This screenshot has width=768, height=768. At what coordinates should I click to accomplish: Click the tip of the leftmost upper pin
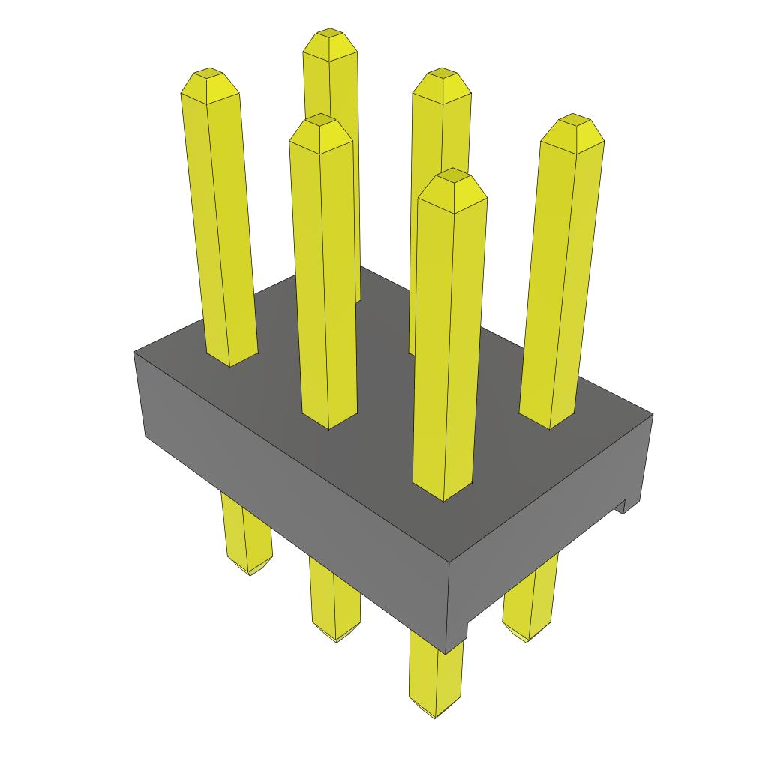pos(209,75)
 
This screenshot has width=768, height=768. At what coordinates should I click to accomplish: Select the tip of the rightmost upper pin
pos(574,121)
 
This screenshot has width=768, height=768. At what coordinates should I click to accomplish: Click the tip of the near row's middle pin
pos(321,121)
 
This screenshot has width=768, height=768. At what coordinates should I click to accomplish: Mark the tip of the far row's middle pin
pos(441,75)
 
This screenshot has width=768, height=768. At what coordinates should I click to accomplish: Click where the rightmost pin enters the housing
pos(549,420)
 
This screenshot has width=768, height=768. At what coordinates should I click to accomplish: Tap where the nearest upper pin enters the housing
pos(443,491)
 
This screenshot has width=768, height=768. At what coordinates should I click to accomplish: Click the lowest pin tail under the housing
pos(436,705)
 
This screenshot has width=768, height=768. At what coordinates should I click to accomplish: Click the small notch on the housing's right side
pos(621,508)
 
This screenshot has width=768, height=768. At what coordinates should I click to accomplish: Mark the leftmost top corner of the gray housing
pos(134,352)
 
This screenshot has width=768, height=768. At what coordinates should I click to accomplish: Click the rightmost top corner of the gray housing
pos(652,414)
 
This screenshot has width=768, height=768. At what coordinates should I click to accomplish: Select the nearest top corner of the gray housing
pos(448,564)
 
